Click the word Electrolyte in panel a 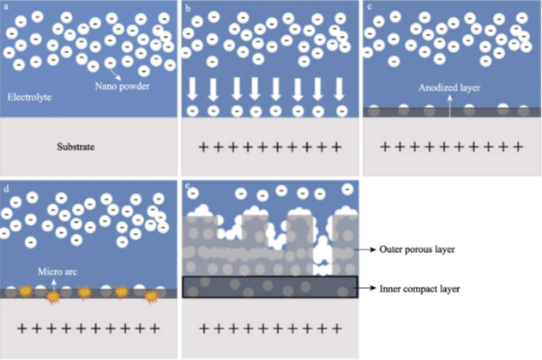coord(30,98)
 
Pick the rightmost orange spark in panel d coord(151,297)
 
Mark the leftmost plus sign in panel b coord(203,147)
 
